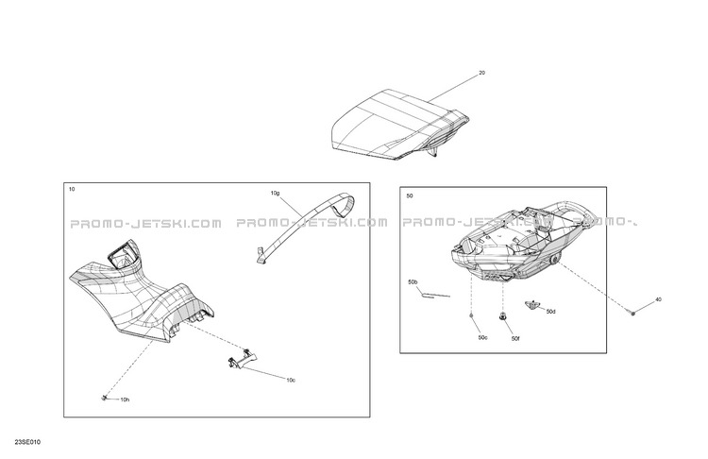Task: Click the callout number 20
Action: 481,73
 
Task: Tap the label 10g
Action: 275,194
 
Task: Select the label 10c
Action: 291,380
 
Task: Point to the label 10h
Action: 125,399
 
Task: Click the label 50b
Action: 413,282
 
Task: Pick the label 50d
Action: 551,312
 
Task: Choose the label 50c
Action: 483,338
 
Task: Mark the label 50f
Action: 515,338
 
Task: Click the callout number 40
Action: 658,299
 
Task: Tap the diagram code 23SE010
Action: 27,442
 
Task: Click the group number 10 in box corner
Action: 72,189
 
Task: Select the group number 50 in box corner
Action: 410,196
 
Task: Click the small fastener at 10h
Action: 104,398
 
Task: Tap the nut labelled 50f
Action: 502,317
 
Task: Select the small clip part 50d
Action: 532,305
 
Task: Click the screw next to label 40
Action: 632,313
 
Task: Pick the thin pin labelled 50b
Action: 435,296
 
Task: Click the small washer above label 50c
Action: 471,315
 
